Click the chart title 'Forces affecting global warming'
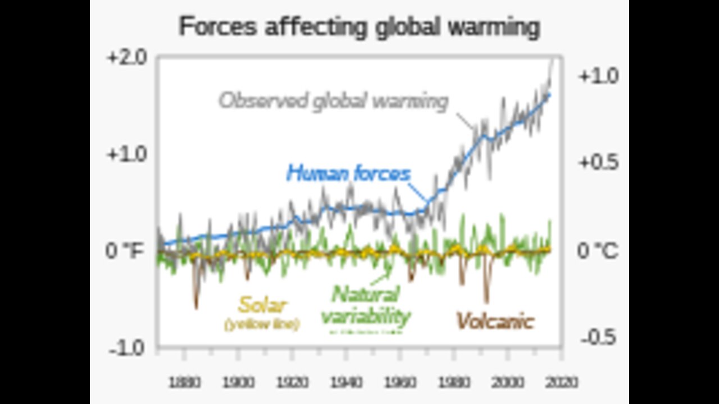359,27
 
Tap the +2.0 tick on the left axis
126,58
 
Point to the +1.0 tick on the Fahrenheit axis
126,154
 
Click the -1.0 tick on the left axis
128,348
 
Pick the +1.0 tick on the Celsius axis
598,76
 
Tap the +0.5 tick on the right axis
598,163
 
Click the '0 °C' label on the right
598,251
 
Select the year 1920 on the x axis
293,383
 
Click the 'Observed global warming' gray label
334,101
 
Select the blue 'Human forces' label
348,173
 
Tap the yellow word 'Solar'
262,306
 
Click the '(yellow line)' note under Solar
262,324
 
